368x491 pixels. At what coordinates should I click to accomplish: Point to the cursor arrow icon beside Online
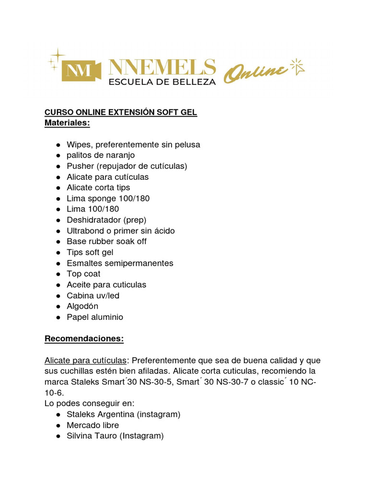(298, 67)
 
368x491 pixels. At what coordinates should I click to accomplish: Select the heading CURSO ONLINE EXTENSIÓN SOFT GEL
(121, 112)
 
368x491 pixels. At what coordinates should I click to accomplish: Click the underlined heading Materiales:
(67, 123)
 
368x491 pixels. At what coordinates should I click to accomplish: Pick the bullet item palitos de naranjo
(101, 155)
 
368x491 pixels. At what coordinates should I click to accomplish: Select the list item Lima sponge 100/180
(105, 199)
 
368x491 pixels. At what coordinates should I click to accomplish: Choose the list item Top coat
(83, 274)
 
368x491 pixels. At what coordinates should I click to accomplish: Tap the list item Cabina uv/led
(93, 295)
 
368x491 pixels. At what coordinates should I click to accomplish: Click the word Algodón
(82, 306)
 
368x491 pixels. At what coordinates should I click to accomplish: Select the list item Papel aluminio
(95, 317)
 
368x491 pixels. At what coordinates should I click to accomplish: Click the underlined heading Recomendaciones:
(84, 339)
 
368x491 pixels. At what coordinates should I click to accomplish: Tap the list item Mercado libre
(92, 425)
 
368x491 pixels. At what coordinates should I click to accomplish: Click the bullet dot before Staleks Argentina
(57, 414)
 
